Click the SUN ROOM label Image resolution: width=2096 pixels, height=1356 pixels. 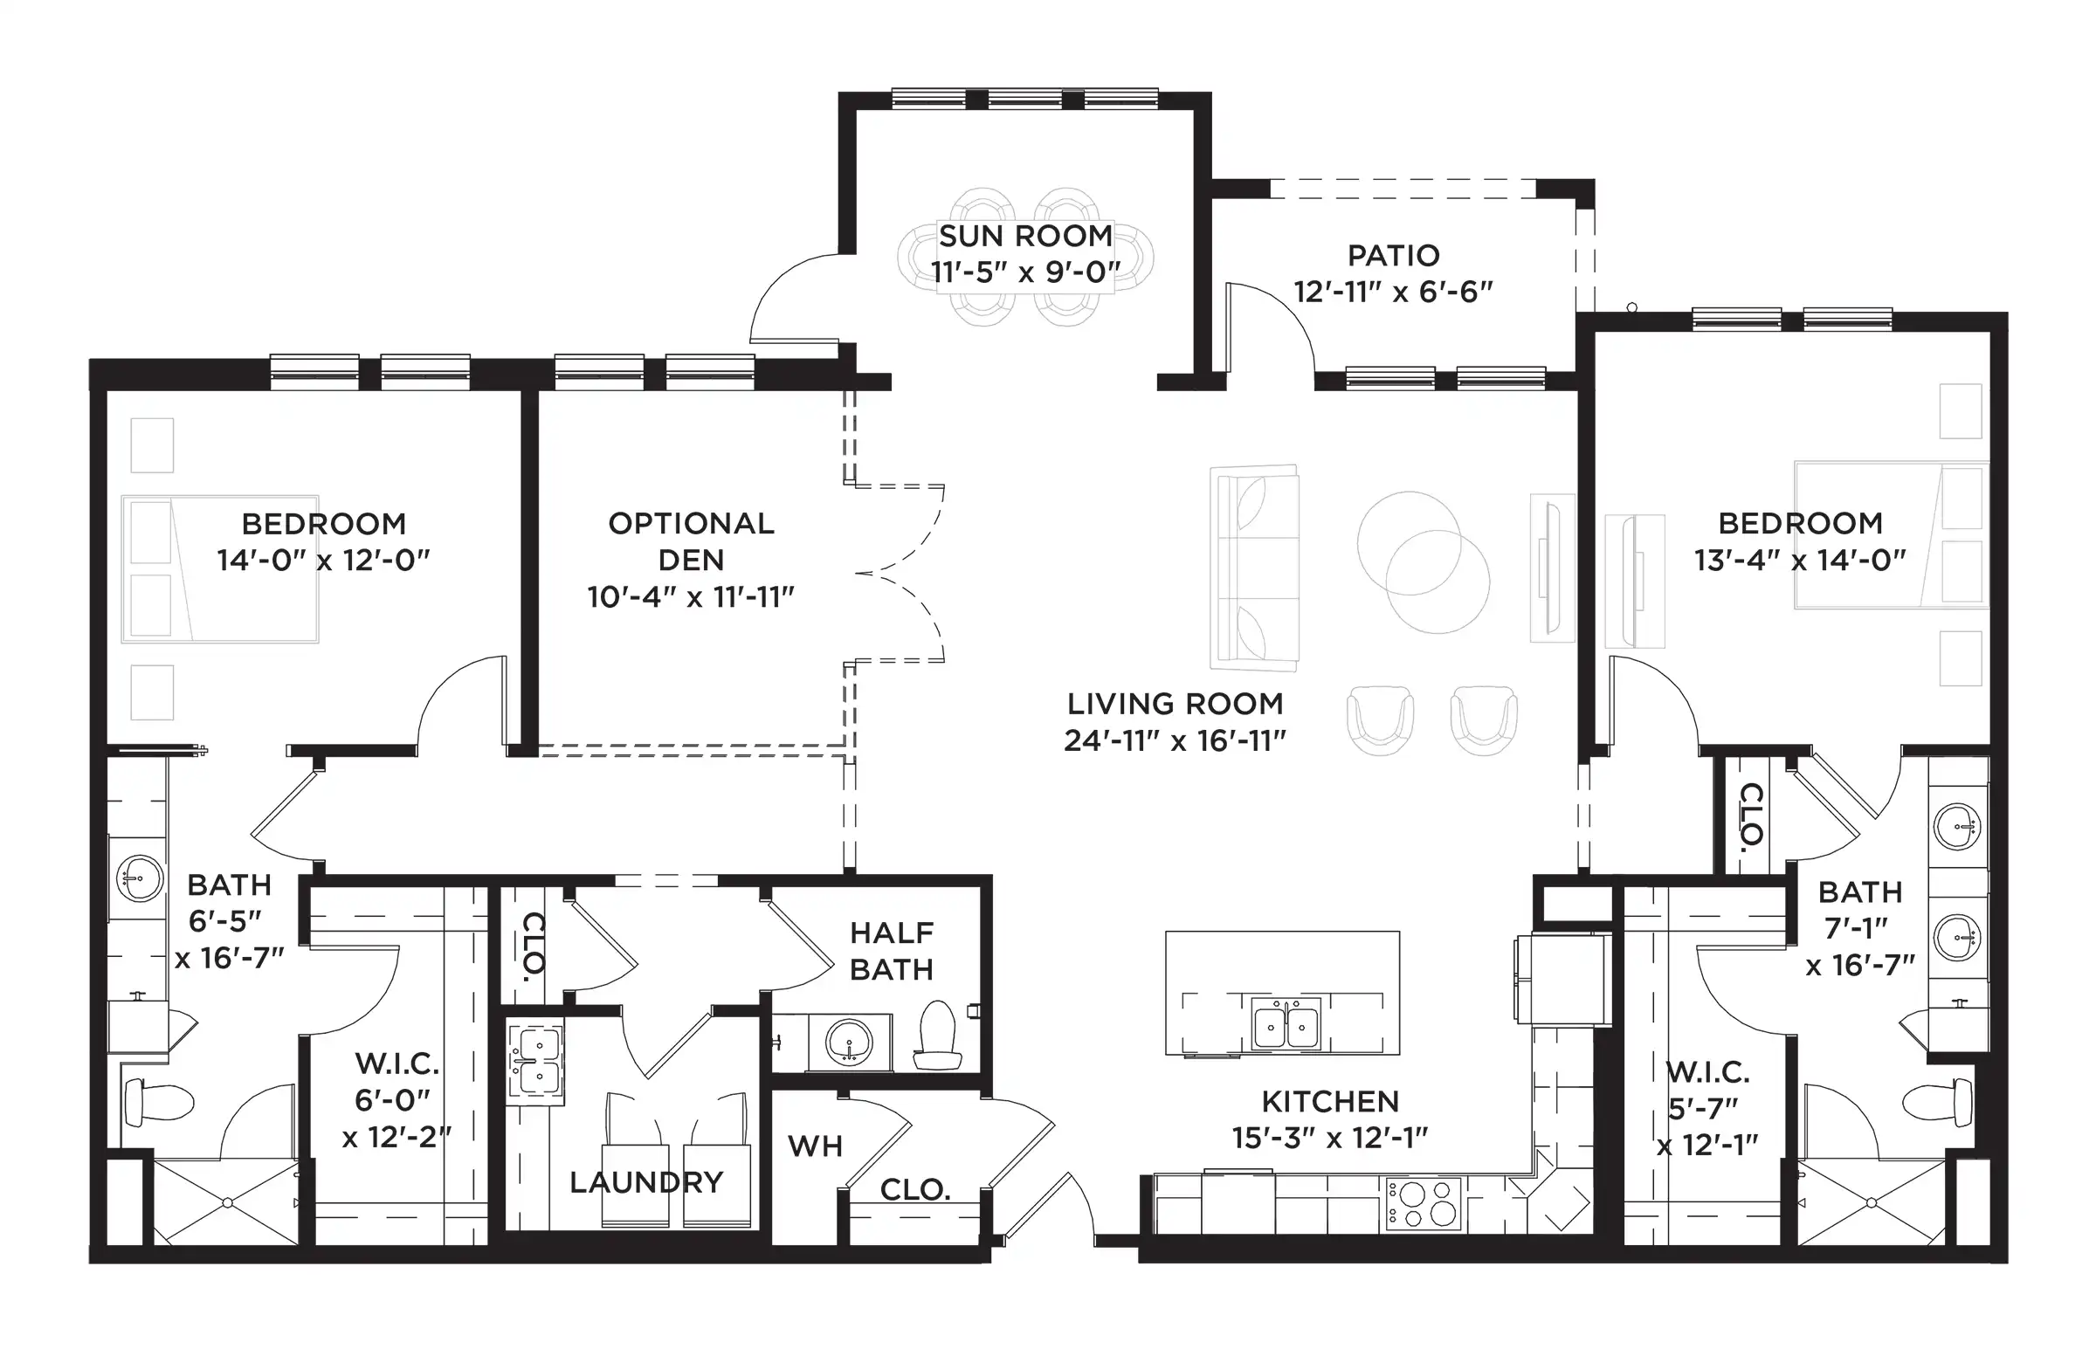1025,236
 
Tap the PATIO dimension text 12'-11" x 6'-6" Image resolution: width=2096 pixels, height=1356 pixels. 1393,292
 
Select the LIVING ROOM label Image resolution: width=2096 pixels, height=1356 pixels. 1175,704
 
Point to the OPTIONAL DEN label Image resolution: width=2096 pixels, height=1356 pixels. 692,541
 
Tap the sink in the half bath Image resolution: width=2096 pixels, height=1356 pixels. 849,1043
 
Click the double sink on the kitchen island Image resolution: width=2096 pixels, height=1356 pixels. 1286,1024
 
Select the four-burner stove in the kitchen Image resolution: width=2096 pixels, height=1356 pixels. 1424,1204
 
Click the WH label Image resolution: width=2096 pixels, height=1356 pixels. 816,1146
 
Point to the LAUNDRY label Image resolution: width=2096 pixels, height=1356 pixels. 646,1182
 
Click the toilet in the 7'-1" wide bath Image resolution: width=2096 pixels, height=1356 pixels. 1938,1101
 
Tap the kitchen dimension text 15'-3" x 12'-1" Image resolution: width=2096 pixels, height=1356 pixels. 1330,1139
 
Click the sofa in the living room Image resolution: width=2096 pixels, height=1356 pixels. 1255,568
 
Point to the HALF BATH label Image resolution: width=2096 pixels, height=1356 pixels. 892,951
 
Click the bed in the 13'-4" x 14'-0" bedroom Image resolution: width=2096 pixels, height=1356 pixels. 1892,534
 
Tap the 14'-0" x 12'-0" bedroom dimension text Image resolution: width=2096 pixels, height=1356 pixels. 323,560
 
